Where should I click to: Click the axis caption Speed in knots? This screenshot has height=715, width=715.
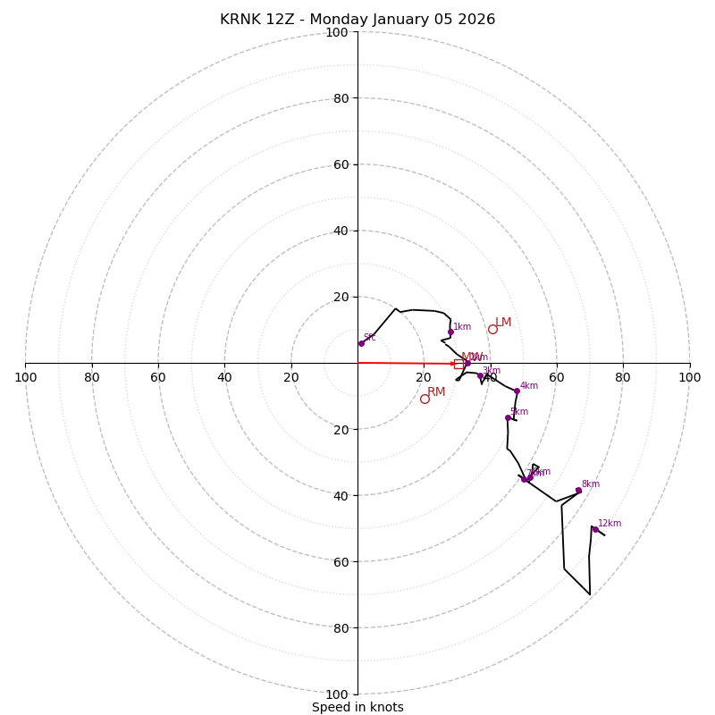tap(357, 708)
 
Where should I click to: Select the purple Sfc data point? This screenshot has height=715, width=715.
tap(361, 343)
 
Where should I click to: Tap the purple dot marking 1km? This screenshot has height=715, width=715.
tap(450, 332)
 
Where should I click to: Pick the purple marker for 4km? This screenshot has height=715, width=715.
tap(517, 391)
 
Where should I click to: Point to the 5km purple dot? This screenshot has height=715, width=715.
tap(508, 417)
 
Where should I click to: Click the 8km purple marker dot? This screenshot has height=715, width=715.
tap(578, 490)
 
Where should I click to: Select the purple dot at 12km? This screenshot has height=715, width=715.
tap(595, 529)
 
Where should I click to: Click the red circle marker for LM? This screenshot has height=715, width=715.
tap(492, 329)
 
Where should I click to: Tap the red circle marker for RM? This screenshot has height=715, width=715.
tap(425, 399)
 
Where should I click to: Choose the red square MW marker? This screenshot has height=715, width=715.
tap(458, 364)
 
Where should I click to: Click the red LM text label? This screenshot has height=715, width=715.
tap(503, 323)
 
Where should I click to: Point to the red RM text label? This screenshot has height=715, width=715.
tap(436, 392)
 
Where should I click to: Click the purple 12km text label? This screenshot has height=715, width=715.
tap(610, 524)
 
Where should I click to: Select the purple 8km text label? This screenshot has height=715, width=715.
tap(591, 484)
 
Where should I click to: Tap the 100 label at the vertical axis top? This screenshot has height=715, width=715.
tap(337, 33)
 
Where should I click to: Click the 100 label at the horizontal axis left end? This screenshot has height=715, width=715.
tap(25, 378)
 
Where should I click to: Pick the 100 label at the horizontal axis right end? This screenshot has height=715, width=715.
tap(690, 378)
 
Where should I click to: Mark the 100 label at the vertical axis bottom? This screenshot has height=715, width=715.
tap(337, 694)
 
